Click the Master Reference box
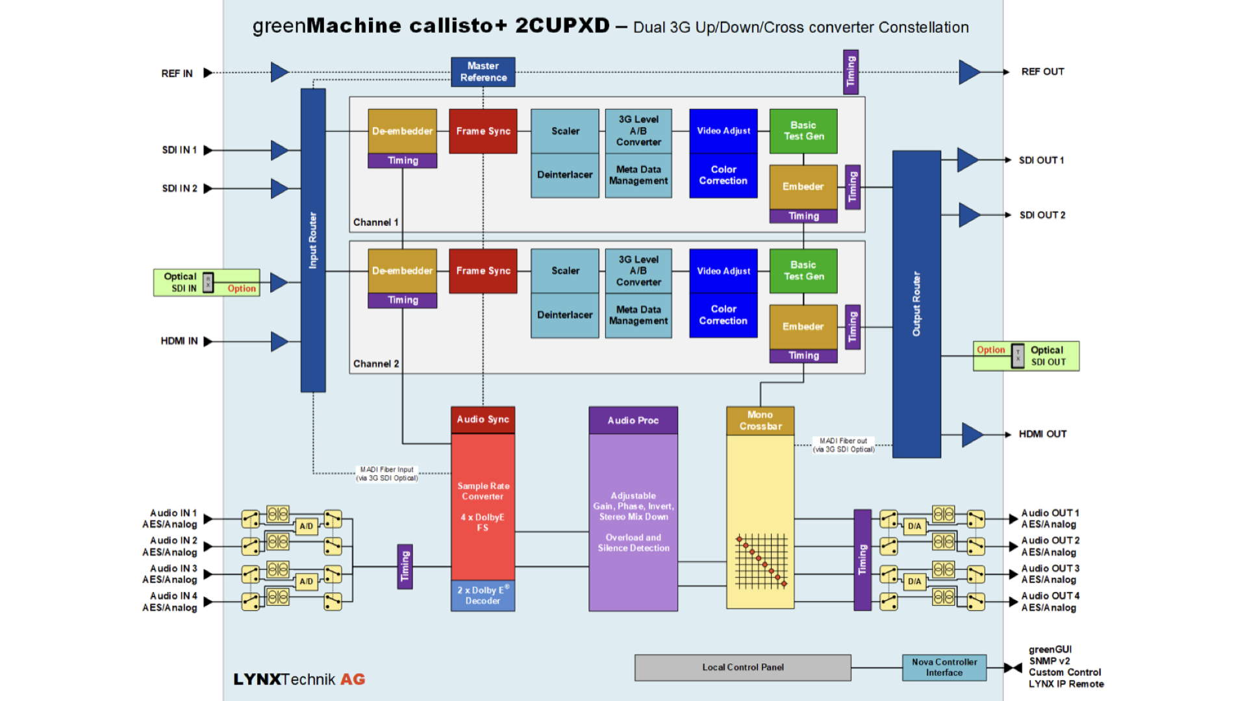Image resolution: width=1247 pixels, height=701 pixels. (x=483, y=72)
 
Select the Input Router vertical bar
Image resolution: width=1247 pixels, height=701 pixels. (x=313, y=240)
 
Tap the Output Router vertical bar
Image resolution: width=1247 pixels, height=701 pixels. (x=916, y=304)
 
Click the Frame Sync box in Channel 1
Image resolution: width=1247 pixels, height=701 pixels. (x=483, y=131)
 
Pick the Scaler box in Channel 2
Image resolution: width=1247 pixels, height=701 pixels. (x=565, y=271)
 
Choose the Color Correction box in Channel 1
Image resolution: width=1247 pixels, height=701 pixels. (x=724, y=175)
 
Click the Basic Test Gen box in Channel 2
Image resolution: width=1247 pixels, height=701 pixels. (x=803, y=271)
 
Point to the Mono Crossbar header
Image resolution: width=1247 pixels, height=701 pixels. (x=760, y=421)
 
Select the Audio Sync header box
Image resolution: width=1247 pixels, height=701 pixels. (x=483, y=420)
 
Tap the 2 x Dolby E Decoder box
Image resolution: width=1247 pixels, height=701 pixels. (x=483, y=596)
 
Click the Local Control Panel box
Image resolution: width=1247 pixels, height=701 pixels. (x=743, y=667)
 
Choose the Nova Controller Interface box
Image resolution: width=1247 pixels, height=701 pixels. (x=944, y=667)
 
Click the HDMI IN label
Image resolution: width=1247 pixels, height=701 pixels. (x=179, y=341)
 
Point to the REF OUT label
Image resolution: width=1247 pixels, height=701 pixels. (x=1042, y=71)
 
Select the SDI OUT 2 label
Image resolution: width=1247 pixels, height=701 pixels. (x=1042, y=215)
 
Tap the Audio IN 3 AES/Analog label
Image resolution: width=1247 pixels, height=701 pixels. (x=170, y=574)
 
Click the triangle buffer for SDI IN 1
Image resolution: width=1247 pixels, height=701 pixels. (x=279, y=150)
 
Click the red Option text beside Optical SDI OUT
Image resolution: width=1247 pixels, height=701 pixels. (x=990, y=350)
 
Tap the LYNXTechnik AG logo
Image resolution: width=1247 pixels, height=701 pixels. (x=299, y=680)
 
